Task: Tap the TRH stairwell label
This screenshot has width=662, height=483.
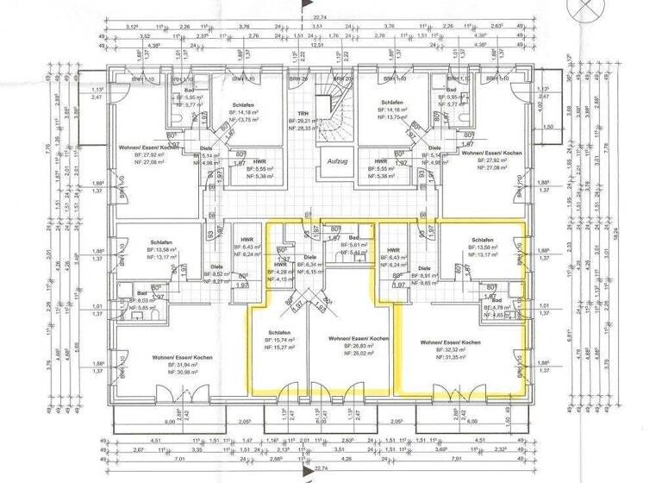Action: pyautogui.click(x=303, y=115)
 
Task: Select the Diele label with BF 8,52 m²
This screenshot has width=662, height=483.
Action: pyautogui.click(x=216, y=267)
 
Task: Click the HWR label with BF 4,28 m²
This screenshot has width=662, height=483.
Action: pyautogui.click(x=280, y=264)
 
